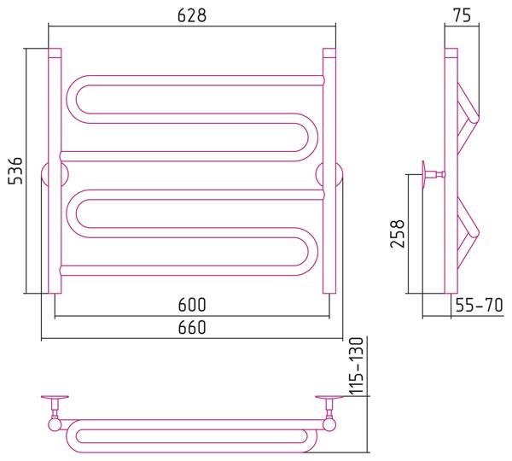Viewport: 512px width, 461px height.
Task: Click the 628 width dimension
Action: pyautogui.click(x=192, y=15)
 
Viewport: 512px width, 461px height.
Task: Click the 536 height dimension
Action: pyautogui.click(x=15, y=171)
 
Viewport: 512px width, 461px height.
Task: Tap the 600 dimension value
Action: pyautogui.click(x=192, y=305)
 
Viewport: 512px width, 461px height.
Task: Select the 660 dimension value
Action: pyautogui.click(x=192, y=327)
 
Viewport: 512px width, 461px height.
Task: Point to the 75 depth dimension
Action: pyautogui.click(x=462, y=15)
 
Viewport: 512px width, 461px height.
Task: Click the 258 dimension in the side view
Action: pyautogui.click(x=398, y=234)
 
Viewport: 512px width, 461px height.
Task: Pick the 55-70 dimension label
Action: pyautogui.click(x=479, y=305)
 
